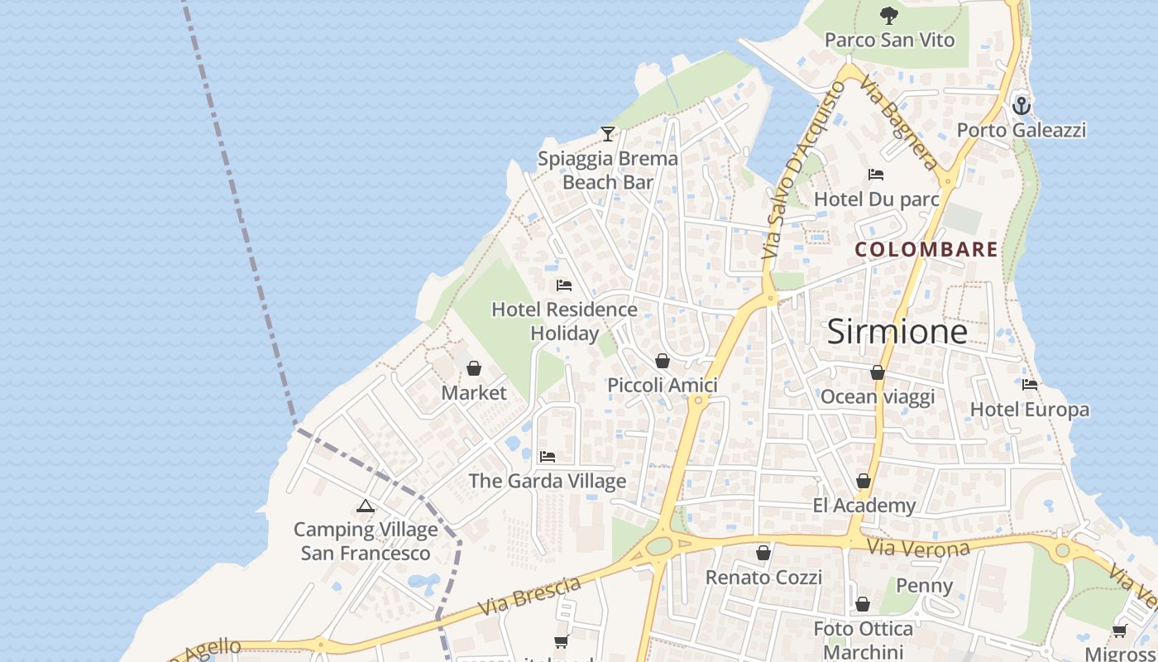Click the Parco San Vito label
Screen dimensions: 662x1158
(x=889, y=40)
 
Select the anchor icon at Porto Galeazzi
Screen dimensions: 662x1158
(x=1022, y=106)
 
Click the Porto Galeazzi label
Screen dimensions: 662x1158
(x=1022, y=130)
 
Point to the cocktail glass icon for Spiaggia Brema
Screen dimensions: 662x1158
(x=608, y=133)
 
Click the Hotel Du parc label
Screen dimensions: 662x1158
(x=877, y=199)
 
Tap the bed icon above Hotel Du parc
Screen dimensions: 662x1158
(x=876, y=175)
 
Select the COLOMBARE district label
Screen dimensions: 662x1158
(x=926, y=249)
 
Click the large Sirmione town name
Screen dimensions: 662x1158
(x=897, y=331)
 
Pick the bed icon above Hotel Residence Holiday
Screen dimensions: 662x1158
(x=564, y=285)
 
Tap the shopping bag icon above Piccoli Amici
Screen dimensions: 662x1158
(x=662, y=361)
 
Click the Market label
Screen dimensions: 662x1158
(x=474, y=392)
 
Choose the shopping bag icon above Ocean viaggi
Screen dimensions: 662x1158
(x=877, y=372)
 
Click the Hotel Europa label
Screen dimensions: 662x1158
(x=1030, y=410)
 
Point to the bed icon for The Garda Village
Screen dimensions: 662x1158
(x=547, y=456)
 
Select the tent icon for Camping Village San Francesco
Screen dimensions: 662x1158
(x=366, y=506)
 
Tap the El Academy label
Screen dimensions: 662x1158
(x=864, y=506)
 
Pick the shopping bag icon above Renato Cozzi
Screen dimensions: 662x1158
(x=763, y=553)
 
